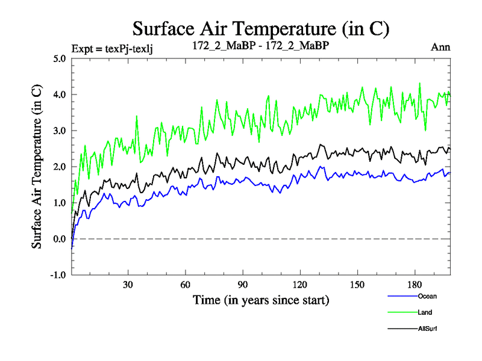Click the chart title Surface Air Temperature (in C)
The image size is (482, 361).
[261, 29]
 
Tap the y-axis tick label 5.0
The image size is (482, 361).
[60, 58]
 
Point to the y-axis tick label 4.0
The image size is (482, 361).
[60, 94]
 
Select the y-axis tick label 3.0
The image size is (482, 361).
[60, 131]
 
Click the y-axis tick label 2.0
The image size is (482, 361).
[60, 167]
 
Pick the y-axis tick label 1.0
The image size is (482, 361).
[60, 203]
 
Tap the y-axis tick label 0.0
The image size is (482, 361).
[60, 239]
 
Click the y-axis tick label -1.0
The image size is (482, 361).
[59, 275]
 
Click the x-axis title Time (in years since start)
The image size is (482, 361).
[260, 299]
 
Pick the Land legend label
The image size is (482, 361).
[425, 312]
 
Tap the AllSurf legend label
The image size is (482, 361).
[427, 329]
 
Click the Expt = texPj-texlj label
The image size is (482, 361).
[112, 48]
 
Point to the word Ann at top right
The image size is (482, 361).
[440, 47]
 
